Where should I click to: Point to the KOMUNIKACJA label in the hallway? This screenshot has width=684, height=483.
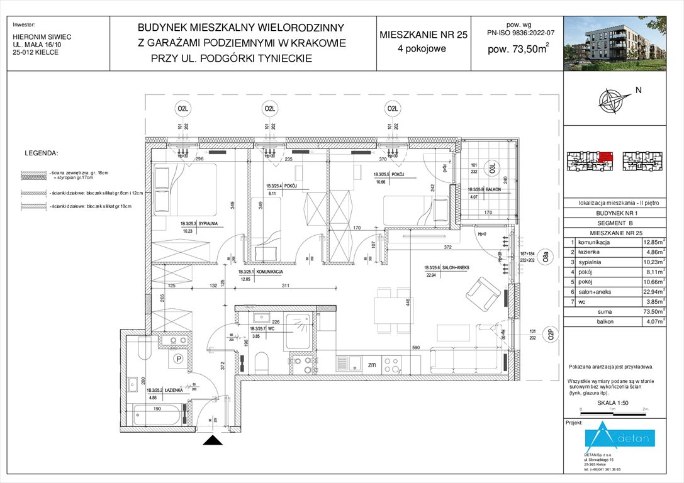[x=259, y=272]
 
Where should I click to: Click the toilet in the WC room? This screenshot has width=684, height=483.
[x=263, y=363]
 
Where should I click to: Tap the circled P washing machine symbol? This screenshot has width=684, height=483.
[x=178, y=359]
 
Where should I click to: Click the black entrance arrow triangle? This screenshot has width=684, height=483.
[x=213, y=440]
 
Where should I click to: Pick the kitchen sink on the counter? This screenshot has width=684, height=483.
[x=357, y=364]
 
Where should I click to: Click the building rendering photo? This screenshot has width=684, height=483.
[x=623, y=36]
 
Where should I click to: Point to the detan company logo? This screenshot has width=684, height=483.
[x=620, y=438]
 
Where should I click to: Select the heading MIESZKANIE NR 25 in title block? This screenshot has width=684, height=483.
[x=423, y=35]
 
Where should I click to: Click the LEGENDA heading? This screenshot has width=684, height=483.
[x=41, y=153]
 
